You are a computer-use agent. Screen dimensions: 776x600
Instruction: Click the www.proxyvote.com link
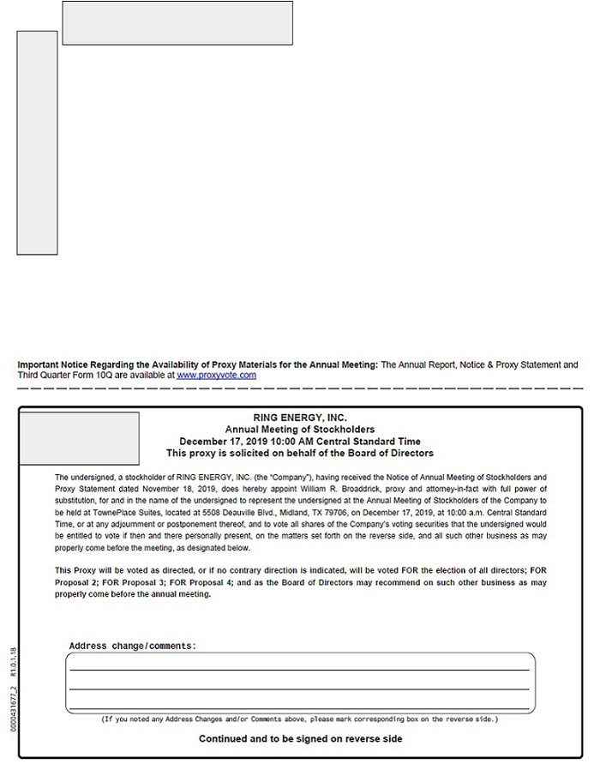(x=216, y=376)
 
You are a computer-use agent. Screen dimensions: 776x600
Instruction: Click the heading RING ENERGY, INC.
(x=300, y=418)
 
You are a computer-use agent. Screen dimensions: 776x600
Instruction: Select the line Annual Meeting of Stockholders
(x=300, y=430)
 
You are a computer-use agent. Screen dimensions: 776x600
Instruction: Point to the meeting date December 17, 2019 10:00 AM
(x=256, y=442)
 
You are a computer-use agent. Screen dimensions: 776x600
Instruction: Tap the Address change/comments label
(x=132, y=646)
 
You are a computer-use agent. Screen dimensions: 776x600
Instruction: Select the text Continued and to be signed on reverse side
(x=300, y=738)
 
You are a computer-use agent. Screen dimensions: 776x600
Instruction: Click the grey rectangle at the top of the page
(x=177, y=23)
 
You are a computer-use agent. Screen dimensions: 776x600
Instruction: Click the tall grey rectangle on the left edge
(x=37, y=142)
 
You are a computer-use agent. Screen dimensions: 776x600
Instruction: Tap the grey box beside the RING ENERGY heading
(x=79, y=438)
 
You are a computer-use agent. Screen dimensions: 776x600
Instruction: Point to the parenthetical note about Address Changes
(x=300, y=719)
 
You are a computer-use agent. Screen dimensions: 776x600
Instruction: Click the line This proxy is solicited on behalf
(x=300, y=453)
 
